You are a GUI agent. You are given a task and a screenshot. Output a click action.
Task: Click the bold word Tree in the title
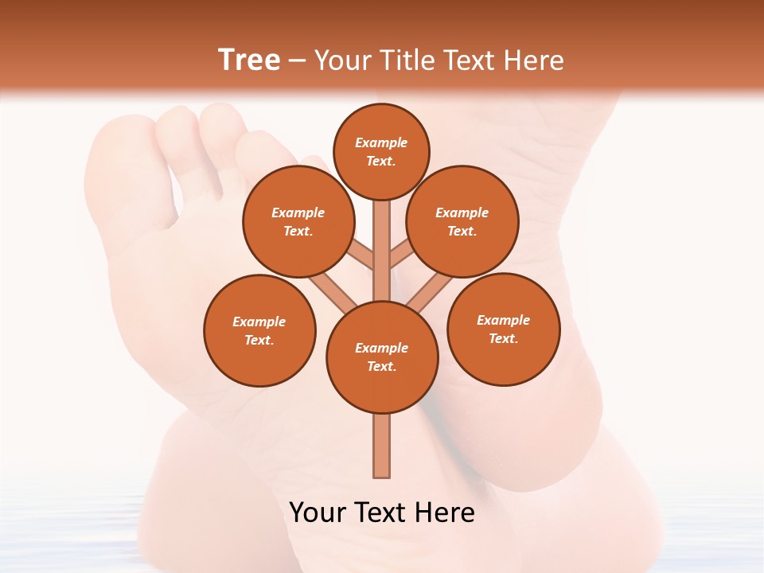[249, 60]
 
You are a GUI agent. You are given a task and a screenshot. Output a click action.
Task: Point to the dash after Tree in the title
[297, 61]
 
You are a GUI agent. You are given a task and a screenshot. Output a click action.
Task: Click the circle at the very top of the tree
[381, 151]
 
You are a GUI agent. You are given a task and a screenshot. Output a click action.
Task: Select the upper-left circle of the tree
[298, 221]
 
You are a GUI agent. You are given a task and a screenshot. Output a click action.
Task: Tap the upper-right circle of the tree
[462, 221]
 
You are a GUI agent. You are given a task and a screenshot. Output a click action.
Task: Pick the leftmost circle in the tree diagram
[259, 330]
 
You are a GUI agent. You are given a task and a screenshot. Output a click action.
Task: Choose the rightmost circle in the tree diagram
[504, 329]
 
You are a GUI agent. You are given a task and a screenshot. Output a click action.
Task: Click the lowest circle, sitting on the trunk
[382, 357]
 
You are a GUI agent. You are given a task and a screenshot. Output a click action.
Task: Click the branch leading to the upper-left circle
[362, 256]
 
